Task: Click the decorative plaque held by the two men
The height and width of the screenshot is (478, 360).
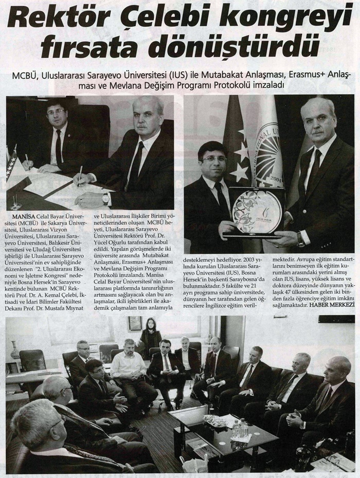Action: pos(256,211)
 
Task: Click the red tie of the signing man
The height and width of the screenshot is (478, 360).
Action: pos(59,146)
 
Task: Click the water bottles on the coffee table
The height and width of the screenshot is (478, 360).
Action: pos(239,429)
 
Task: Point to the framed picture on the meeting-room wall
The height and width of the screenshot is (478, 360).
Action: pos(135,323)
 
